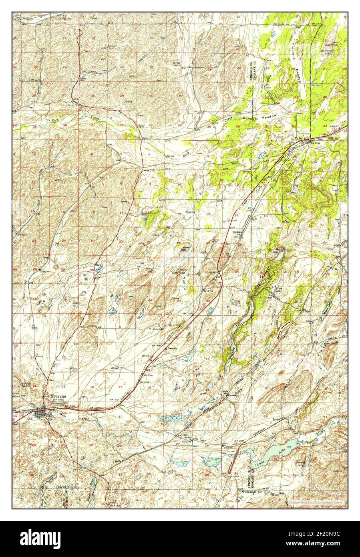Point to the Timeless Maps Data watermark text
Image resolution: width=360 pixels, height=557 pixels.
click(316, 502)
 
